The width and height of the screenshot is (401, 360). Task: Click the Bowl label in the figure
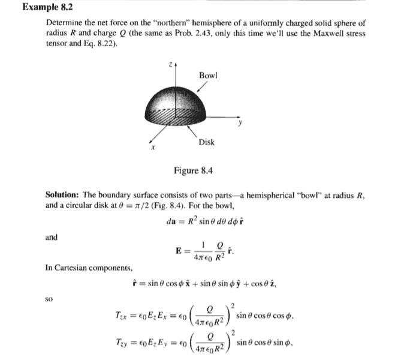(209, 76)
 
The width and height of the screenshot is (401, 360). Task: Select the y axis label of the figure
(239, 125)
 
